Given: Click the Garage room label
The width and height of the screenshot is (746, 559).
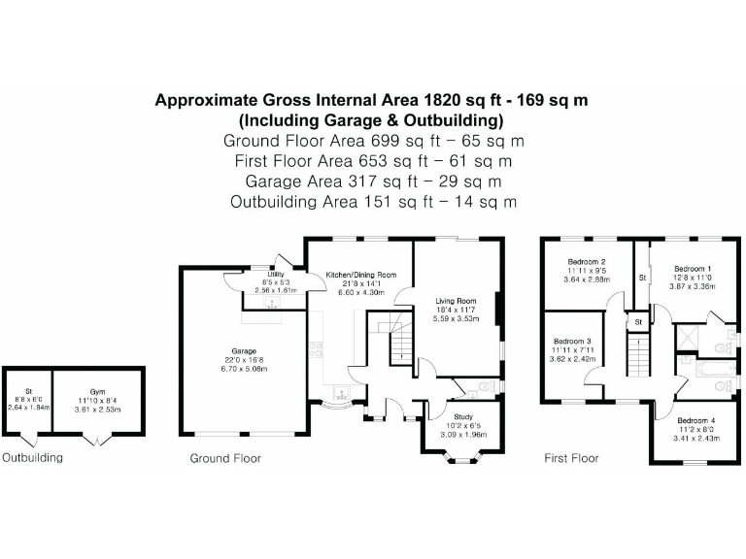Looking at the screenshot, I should pos(243,350).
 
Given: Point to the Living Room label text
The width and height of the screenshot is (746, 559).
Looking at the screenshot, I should pos(455,302).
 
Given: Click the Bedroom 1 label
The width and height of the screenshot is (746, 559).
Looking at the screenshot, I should pos(693,269).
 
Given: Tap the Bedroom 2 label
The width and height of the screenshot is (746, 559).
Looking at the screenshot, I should pos(589,262).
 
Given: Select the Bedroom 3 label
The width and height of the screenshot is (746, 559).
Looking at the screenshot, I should pos(572,342).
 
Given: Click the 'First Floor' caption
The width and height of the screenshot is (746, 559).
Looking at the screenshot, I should pos(571,458).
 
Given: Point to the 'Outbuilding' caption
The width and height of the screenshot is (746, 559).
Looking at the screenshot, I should pos(32,458).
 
